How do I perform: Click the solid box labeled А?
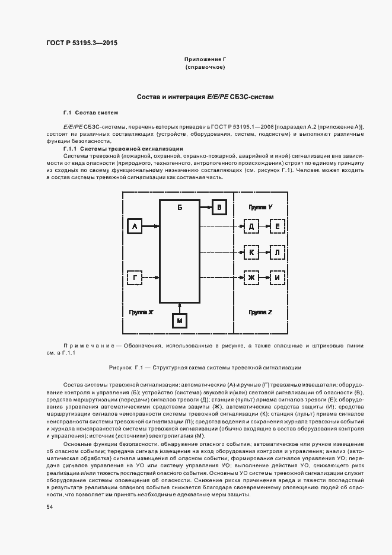pyautogui.click(x=135, y=226)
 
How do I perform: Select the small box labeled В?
pyautogui.click(x=219, y=207)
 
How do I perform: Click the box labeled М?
pyautogui.click(x=180, y=320)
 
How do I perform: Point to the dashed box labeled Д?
pyautogui.click(x=251, y=226)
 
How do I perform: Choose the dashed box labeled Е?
pyautogui.click(x=277, y=226)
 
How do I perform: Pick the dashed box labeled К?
pyautogui.click(x=251, y=253)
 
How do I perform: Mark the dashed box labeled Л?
pyautogui.click(x=277, y=253)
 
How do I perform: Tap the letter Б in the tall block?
pyautogui.click(x=180, y=208)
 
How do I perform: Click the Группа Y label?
pyautogui.click(x=260, y=207)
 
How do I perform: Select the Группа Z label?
pyautogui.click(x=260, y=311)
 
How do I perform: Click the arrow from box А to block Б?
pyautogui.click(x=151, y=226)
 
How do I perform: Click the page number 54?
pyautogui.click(x=50, y=507)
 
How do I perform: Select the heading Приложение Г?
pyautogui.click(x=205, y=60)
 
